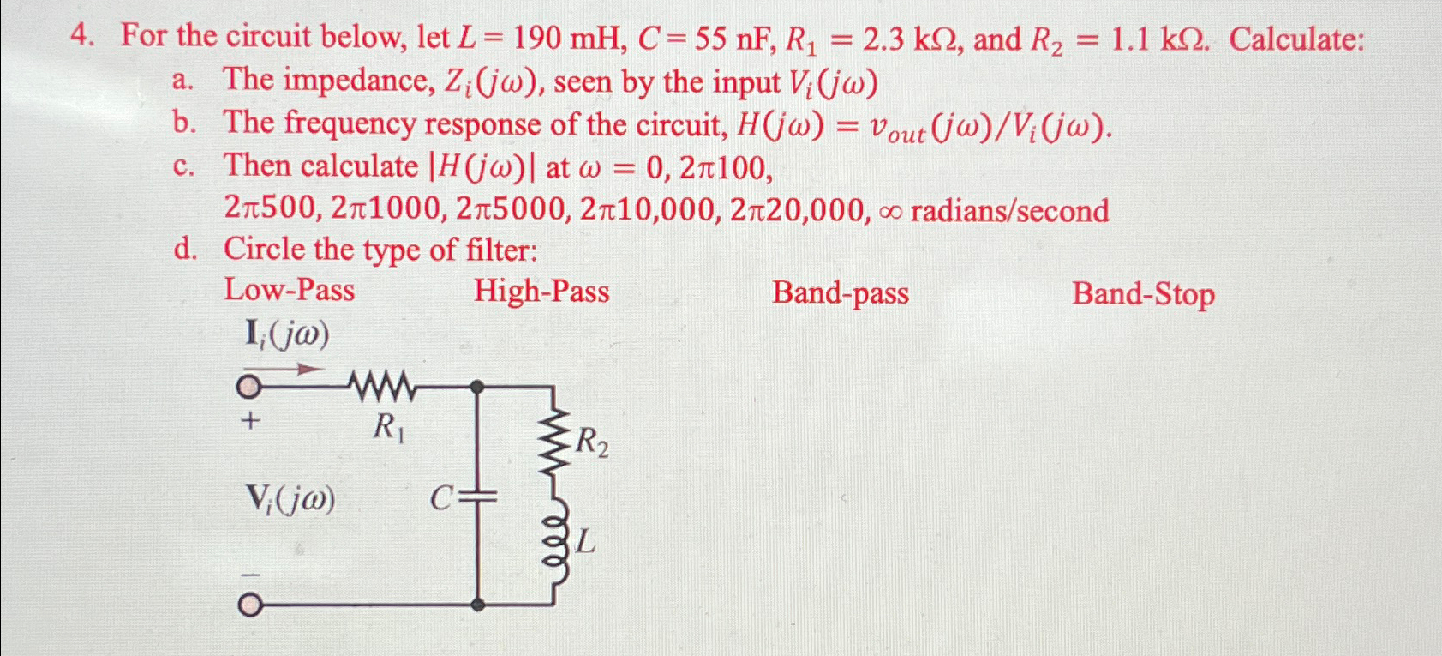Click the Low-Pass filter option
[289, 290]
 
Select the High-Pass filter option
[541, 292]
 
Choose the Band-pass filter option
[840, 293]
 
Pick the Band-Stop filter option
[1142, 294]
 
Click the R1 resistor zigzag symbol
[383, 387]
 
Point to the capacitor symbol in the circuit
[478, 497]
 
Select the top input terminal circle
[248, 388]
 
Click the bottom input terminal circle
[248, 605]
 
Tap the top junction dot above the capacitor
[478, 388]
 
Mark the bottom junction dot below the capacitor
[478, 605]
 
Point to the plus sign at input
[250, 421]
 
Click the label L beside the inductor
[585, 541]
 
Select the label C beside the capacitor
[440, 498]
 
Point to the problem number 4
[80, 37]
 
